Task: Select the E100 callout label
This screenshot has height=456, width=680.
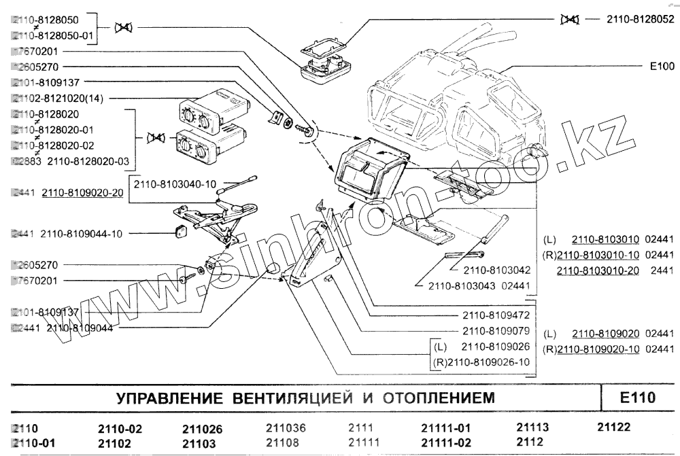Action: (x=661, y=66)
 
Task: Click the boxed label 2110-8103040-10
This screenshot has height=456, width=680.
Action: (x=175, y=184)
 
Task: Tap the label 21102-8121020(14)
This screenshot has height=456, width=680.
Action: (x=58, y=99)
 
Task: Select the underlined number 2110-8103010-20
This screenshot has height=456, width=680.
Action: (x=598, y=270)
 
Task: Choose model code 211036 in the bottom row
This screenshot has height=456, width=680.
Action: (x=285, y=429)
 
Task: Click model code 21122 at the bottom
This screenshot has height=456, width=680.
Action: (x=614, y=427)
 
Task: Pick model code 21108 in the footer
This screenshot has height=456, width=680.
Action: (x=282, y=442)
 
